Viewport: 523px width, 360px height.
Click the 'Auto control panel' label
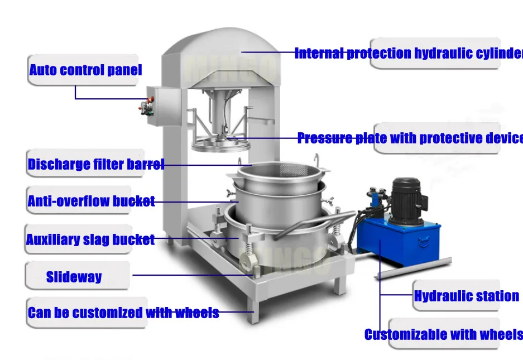point(85,70)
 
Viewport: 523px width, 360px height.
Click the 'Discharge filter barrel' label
point(95,165)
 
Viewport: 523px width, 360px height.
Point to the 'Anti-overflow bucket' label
point(91,201)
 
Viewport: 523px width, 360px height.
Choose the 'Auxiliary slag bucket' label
point(90,240)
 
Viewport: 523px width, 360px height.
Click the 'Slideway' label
point(74,277)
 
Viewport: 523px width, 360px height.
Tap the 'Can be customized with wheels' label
point(123,313)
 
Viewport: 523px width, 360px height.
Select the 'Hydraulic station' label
point(466,296)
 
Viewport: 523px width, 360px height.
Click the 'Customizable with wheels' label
point(443,335)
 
